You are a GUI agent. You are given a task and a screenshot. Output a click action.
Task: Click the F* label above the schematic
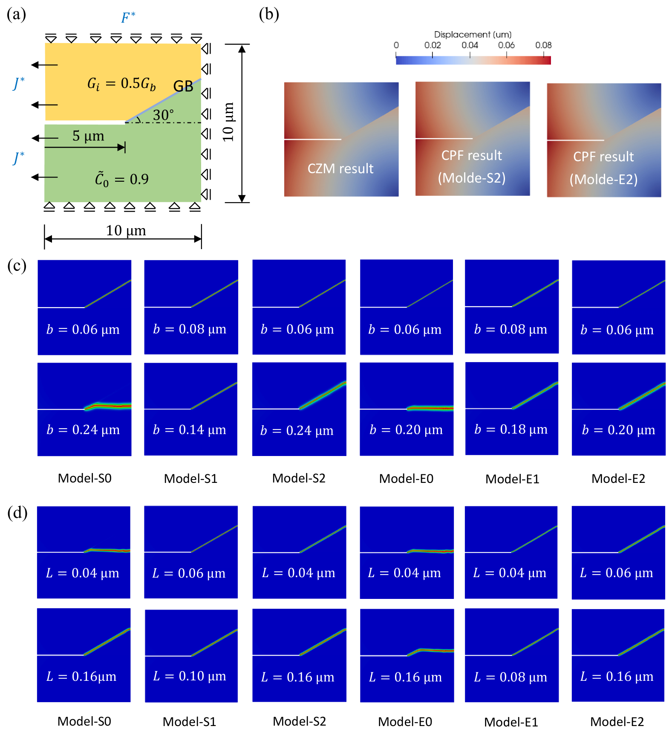coord(128,17)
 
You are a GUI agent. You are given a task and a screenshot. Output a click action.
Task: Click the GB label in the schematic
coord(183,87)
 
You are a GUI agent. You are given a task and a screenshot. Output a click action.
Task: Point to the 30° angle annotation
coord(163,115)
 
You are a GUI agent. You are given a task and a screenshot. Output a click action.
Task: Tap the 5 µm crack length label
coord(88,136)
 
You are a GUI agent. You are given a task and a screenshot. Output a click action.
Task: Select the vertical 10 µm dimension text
coord(228,122)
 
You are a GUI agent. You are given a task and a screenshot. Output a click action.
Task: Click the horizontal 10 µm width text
coord(126,231)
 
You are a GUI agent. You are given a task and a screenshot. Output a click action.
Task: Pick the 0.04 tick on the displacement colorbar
coord(470,45)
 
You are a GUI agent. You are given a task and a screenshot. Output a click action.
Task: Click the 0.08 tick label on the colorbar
coord(543,45)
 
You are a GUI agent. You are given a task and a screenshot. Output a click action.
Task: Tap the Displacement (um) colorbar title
coord(473,35)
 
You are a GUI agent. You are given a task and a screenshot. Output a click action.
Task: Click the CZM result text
coord(340,168)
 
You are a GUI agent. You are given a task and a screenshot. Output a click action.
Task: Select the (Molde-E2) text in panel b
coord(603,180)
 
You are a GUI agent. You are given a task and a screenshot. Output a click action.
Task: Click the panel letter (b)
coord(269,15)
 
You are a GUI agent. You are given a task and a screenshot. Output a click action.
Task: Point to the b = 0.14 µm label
coord(190,430)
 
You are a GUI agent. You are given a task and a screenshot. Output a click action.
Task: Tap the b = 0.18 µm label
coord(511,429)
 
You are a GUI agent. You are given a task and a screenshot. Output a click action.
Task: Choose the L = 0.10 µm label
coord(190,676)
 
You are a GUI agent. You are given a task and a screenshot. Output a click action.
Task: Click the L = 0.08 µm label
coord(510,677)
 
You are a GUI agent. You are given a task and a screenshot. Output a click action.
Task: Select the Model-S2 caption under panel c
coord(299,478)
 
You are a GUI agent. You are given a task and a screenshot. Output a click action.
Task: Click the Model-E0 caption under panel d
coord(405,722)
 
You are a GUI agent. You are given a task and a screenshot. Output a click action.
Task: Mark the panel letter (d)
coord(17,512)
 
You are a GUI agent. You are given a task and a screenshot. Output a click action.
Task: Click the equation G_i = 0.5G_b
coord(121,84)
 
